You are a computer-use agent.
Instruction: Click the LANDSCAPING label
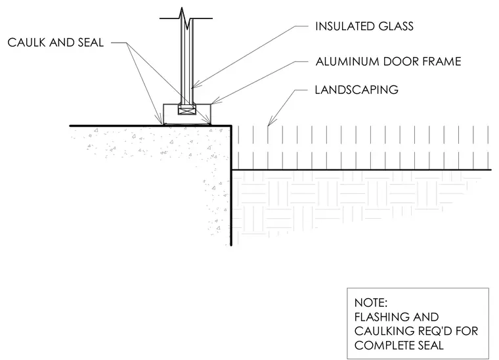pyautogui.click(x=357, y=90)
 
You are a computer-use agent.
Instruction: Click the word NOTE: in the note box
pyautogui.click(x=371, y=302)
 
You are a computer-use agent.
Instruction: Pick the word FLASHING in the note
pyautogui.click(x=376, y=317)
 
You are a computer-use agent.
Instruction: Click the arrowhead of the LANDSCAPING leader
pyautogui.click(x=269, y=124)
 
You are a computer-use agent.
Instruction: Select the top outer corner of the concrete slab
pyautogui.click(x=231, y=126)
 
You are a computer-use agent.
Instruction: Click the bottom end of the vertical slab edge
pyautogui.click(x=231, y=246)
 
